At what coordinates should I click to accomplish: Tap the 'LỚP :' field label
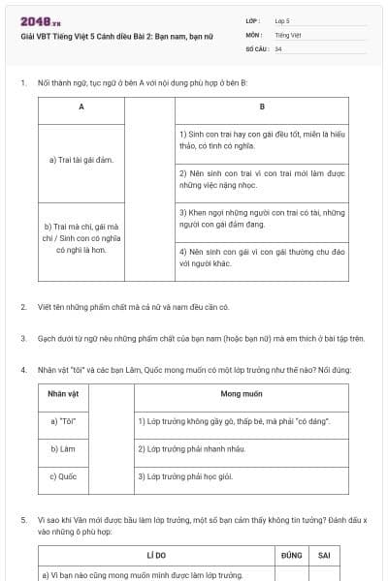click(253, 20)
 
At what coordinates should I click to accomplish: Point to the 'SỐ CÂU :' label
click(257, 47)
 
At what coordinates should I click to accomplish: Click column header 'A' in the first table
click(81, 107)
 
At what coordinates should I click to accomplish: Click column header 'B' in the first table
click(262, 107)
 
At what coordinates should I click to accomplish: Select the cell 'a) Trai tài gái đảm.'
click(81, 160)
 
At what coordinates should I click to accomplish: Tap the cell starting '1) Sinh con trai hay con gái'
click(262, 139)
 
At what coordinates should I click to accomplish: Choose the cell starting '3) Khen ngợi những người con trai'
click(262, 217)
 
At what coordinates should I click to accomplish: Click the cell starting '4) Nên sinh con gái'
click(262, 256)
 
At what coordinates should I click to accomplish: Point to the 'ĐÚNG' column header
click(291, 556)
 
